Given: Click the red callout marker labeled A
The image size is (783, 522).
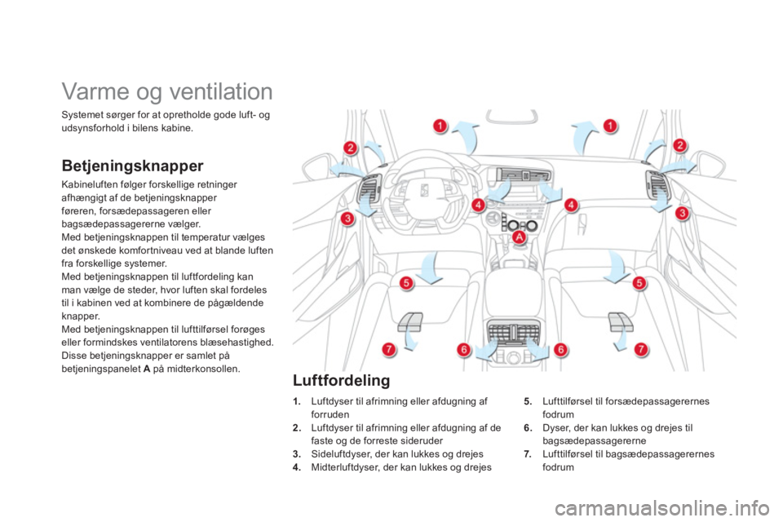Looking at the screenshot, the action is pos(520,237).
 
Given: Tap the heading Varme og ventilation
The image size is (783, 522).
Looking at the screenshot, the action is pos(167,91).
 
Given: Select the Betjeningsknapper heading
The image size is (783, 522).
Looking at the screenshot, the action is pos(132,166).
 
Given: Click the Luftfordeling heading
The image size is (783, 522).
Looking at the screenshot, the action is pos(342,380).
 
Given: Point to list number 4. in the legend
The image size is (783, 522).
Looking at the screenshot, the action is pos(297,467).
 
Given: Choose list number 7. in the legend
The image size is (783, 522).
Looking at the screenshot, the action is pos(528,454).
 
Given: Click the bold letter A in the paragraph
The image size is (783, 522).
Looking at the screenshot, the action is pos(147,369).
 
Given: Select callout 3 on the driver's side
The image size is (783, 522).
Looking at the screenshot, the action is pos(347,219).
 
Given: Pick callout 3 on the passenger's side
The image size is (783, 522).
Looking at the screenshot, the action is pos(682,214).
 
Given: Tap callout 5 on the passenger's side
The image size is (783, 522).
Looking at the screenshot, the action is pos(639,283).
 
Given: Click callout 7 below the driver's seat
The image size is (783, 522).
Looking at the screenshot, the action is pos(388,349).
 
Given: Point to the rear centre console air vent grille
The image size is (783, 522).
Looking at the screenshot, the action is pos(513,332).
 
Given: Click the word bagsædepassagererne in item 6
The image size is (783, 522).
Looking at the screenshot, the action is pos(595,441).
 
